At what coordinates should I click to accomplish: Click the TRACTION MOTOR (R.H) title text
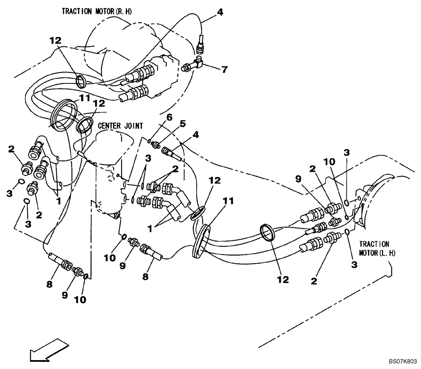click(97, 11)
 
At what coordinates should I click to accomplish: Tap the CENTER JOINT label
click(121, 126)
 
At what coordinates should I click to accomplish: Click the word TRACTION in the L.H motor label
click(374, 244)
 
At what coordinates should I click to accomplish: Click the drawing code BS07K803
click(402, 361)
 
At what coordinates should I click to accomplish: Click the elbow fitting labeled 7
click(198, 64)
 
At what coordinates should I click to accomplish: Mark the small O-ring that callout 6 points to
click(149, 140)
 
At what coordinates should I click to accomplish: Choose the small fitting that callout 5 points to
click(157, 144)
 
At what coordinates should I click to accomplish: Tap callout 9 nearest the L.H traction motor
click(299, 179)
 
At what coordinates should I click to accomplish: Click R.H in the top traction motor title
click(125, 11)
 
